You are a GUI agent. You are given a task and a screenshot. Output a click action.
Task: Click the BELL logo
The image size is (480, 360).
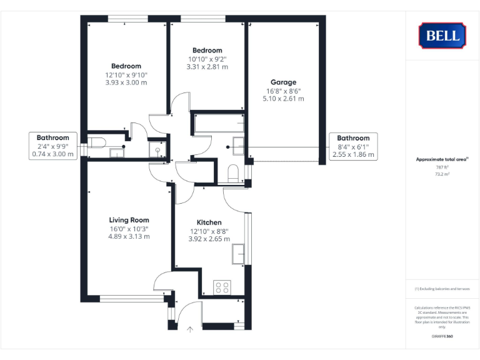[442, 35]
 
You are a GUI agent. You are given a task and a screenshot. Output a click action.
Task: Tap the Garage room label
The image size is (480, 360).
[283, 82]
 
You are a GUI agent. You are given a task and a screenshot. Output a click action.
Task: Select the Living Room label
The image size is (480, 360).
[129, 220]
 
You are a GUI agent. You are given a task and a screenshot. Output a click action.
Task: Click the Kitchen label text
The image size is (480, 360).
[209, 222]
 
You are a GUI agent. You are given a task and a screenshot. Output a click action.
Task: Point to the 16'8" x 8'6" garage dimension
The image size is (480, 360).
[283, 91]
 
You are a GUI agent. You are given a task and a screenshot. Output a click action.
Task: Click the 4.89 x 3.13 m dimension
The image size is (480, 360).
[129, 236]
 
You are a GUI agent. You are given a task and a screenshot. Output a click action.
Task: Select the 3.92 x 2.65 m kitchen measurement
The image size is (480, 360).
[209, 239]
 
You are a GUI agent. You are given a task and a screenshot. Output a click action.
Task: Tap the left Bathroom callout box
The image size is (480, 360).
[53, 146]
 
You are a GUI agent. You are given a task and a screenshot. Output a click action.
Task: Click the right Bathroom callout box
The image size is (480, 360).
[353, 146]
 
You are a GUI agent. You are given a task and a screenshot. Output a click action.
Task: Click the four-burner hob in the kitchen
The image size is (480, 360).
[222, 287]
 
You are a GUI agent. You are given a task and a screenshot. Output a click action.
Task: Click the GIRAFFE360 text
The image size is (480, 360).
[442, 337]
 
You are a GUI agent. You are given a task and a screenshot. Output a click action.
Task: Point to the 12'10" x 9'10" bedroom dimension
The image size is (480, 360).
[126, 74]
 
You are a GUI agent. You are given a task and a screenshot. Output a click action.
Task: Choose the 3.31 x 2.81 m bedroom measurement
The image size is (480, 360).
[207, 67]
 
